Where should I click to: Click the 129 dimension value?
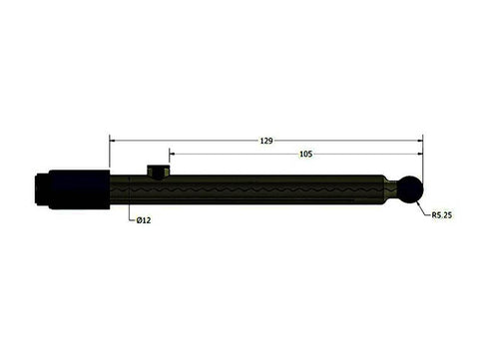pos(266,141)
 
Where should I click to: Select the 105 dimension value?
pos(305,155)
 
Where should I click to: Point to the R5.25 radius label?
pos(442,214)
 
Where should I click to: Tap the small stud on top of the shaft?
pos(158,171)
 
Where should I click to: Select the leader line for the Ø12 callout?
pos(131,209)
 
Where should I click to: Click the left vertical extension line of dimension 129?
pos(109,155)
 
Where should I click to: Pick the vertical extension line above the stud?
pos(169,162)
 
